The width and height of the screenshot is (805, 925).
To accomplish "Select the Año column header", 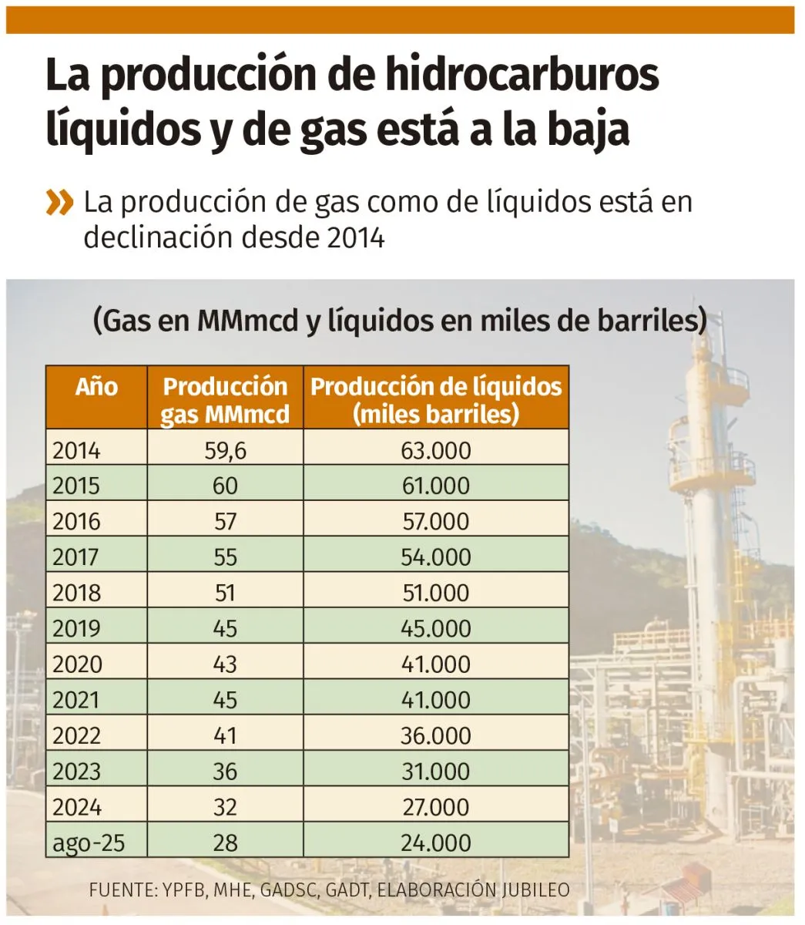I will (96, 387).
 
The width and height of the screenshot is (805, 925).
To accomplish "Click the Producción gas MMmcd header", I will (225, 400).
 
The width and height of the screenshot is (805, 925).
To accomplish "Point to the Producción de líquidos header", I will (436, 400).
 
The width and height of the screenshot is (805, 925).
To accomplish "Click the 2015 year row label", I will (76, 486).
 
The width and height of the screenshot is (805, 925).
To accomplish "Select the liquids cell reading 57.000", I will (435, 522).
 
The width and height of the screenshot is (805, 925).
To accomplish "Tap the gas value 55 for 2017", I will (225, 557).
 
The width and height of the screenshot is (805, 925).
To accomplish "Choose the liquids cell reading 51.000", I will (435, 593).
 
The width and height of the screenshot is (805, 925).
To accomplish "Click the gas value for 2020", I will (225, 664).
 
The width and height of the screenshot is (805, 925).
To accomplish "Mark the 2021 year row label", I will (76, 700).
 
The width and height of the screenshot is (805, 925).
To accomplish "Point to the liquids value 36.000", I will (435, 735).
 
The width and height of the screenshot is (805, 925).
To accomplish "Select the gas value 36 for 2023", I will (225, 772).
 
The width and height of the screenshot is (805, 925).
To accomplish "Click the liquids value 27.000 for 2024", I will (435, 807).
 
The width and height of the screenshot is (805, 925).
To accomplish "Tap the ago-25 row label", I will (88, 843).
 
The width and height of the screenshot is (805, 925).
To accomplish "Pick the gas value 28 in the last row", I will (225, 843).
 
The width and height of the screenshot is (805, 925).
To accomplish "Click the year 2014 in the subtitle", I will (355, 237).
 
